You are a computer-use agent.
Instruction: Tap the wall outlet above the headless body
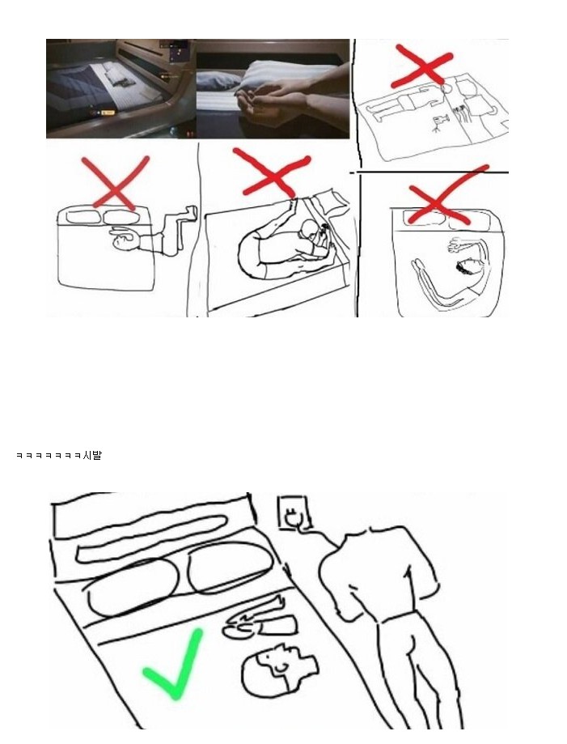[x=294, y=512]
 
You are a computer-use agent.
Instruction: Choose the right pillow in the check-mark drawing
[x=231, y=568]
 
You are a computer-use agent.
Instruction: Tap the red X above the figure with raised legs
[x=115, y=183]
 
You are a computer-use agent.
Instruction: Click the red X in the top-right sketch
[x=421, y=66]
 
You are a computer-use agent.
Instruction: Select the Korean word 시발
[x=92, y=456]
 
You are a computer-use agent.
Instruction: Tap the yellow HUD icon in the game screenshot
[x=108, y=113]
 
